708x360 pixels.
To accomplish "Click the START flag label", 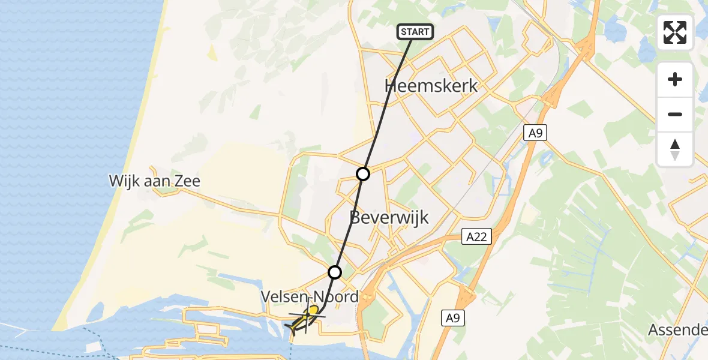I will click(x=415, y=32).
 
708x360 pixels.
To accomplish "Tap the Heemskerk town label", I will click(x=431, y=86).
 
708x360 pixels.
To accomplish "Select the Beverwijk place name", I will click(x=390, y=217).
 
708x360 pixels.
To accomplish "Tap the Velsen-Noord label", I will click(x=310, y=296).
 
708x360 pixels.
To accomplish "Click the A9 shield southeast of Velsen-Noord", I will click(x=453, y=318).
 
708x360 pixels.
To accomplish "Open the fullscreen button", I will click(x=675, y=32).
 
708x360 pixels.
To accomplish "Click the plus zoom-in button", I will click(x=675, y=79).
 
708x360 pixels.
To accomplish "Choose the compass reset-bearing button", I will click(x=675, y=149).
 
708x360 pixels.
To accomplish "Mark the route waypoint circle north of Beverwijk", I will click(x=363, y=174).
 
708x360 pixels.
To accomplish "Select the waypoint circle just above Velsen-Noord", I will click(x=335, y=272).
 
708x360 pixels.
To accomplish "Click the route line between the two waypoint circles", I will click(x=349, y=223).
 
